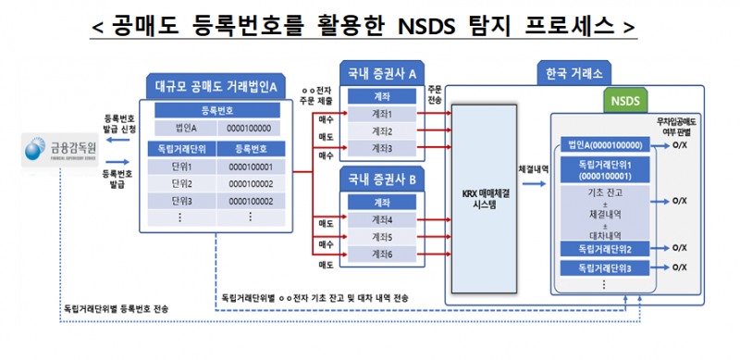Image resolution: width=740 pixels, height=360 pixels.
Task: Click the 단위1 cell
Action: (x=181, y=167)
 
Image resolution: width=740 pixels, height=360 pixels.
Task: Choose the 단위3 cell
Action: (x=181, y=200)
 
